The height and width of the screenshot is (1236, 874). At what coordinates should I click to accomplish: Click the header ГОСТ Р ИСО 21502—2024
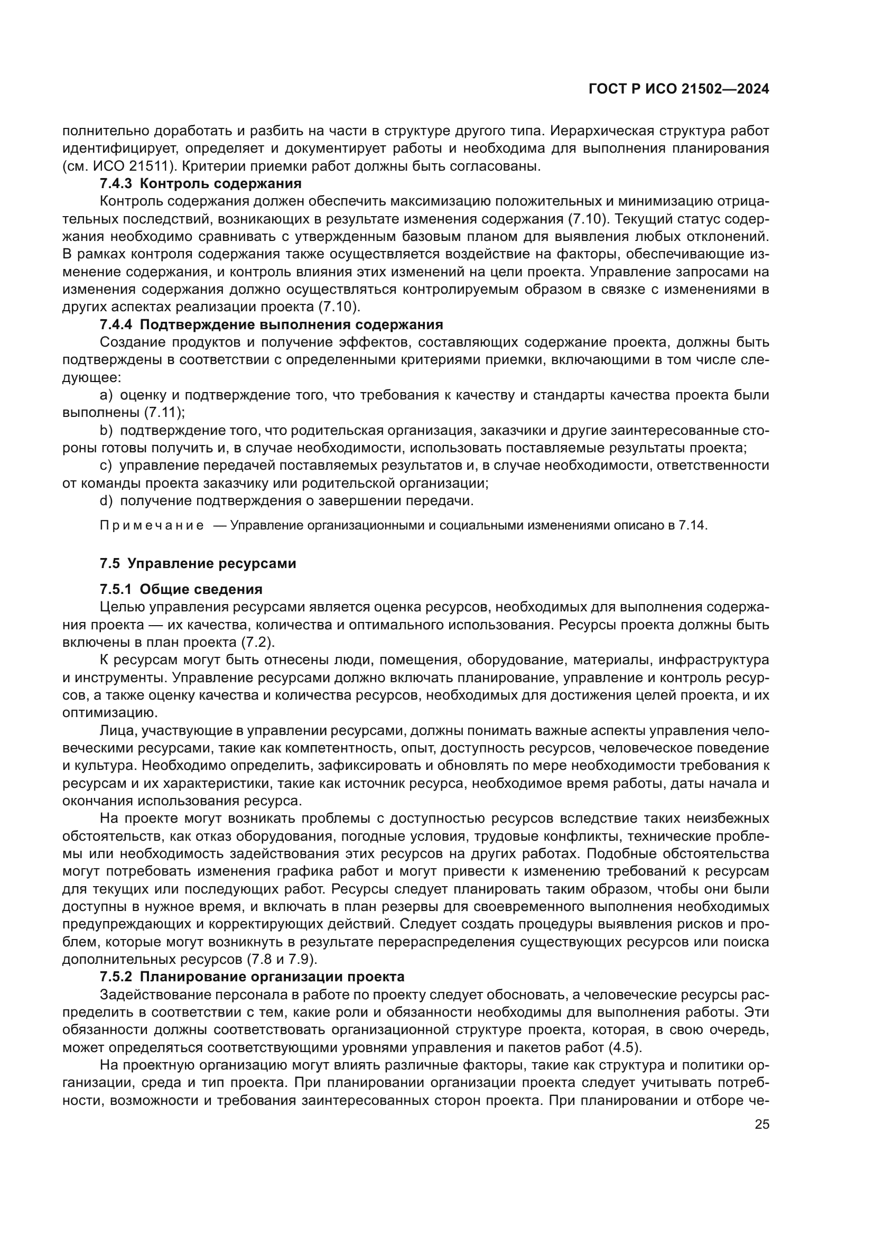pos(678,89)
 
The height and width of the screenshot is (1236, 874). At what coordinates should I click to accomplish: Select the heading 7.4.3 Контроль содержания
pos(200,183)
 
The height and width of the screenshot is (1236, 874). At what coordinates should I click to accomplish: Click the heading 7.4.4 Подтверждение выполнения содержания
pos(271,324)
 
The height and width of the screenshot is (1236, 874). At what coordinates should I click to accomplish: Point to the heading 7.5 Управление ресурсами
pos(198,564)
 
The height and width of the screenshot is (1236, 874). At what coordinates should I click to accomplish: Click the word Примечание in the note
pos(152,526)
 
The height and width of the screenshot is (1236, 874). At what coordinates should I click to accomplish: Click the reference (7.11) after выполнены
pos(164,413)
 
